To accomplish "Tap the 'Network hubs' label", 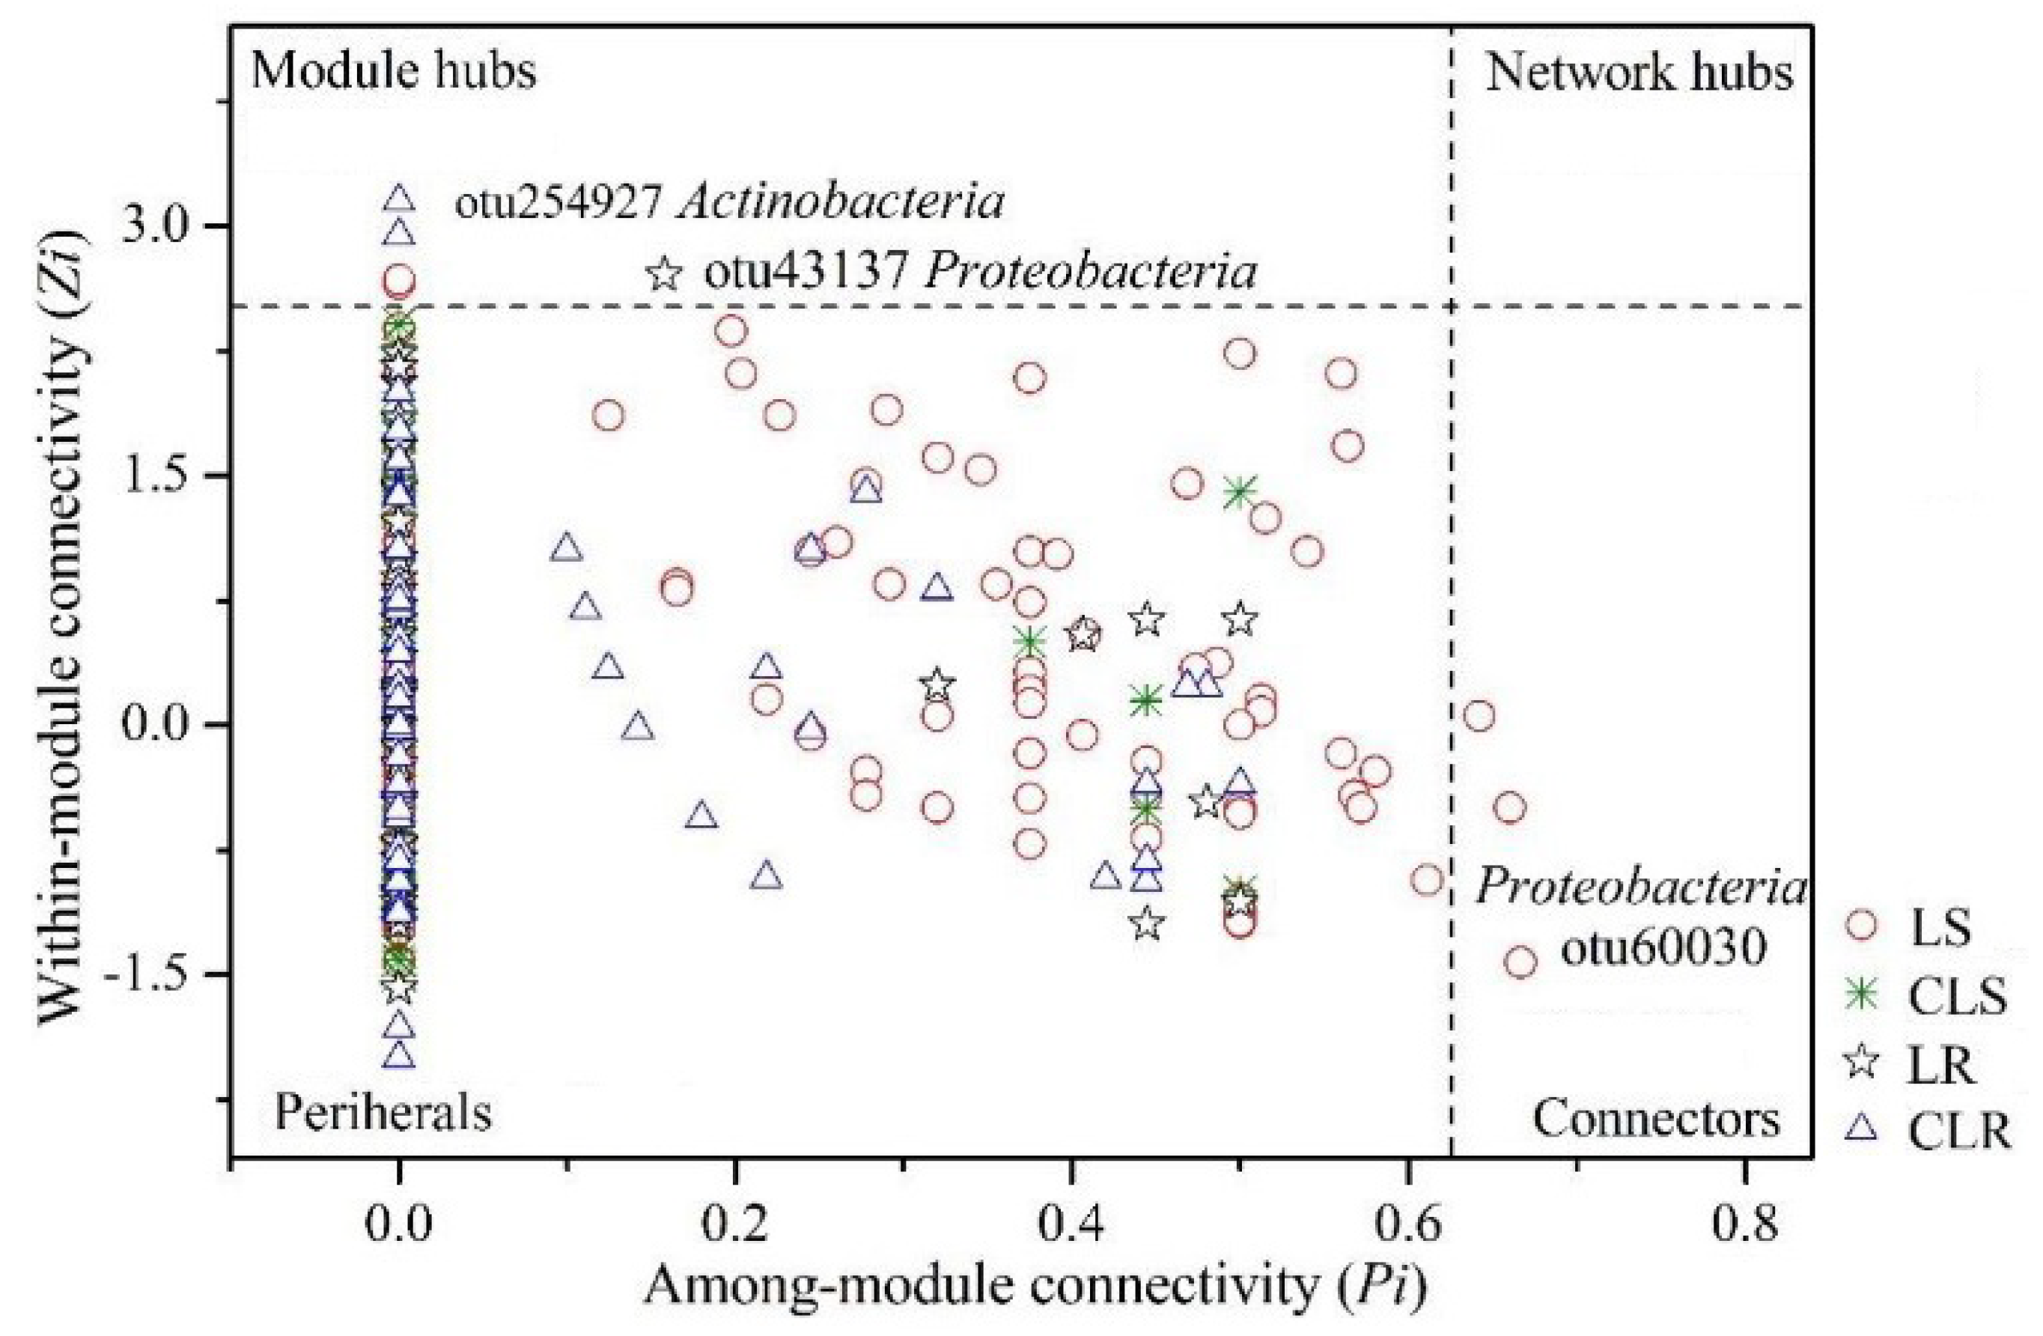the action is pyautogui.click(x=1639, y=73).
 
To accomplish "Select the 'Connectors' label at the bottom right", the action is pyautogui.click(x=1656, y=1120).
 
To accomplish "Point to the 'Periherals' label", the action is pyautogui.click(x=383, y=1114).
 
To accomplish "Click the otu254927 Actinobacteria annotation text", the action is pyautogui.click(x=728, y=204).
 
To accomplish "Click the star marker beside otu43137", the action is pyautogui.click(x=663, y=274).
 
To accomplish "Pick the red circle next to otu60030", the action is pyautogui.click(x=1520, y=962).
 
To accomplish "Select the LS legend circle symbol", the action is pyautogui.click(x=1862, y=926).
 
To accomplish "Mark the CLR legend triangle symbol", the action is pyautogui.click(x=1862, y=1131).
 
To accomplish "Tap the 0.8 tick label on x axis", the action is pyautogui.click(x=1744, y=1224).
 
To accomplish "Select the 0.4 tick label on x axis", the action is pyautogui.click(x=1070, y=1224).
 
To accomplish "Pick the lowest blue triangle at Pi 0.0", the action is pyautogui.click(x=399, y=1056).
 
